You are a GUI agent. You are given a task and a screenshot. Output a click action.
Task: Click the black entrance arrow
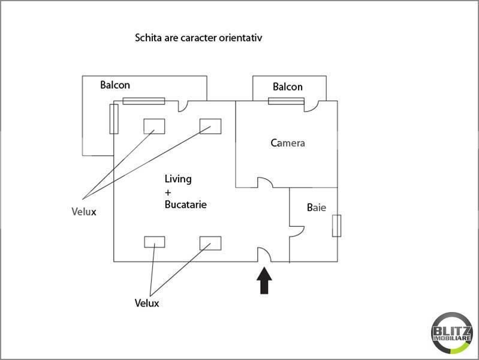click(264, 280)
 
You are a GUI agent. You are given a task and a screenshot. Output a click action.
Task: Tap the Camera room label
click(288, 143)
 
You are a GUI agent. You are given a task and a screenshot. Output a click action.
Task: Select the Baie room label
click(317, 208)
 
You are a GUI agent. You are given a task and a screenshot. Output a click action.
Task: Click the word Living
click(178, 179)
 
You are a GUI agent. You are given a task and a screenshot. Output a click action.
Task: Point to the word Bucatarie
click(185, 205)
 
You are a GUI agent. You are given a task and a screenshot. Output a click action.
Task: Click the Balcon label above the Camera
click(288, 87)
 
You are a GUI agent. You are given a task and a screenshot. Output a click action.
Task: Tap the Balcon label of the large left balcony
click(115, 85)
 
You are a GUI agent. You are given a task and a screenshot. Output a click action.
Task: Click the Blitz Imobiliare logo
click(452, 333)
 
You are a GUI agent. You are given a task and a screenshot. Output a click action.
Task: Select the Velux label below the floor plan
click(147, 303)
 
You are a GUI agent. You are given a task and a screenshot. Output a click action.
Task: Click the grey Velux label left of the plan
click(84, 212)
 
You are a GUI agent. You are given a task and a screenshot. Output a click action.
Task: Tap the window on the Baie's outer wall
click(337, 226)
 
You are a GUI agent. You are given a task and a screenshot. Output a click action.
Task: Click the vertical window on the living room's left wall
click(114, 119)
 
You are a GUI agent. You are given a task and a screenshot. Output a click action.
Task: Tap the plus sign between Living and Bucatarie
click(168, 193)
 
